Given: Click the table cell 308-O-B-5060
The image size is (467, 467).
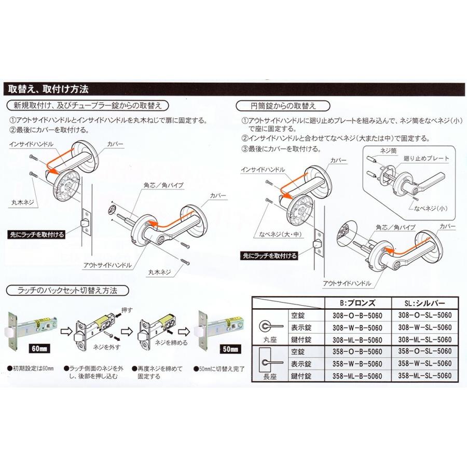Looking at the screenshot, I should (358, 314).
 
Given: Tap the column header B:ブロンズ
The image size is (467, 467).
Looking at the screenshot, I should (358, 302).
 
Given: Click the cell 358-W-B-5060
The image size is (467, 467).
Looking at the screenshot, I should (358, 363).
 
